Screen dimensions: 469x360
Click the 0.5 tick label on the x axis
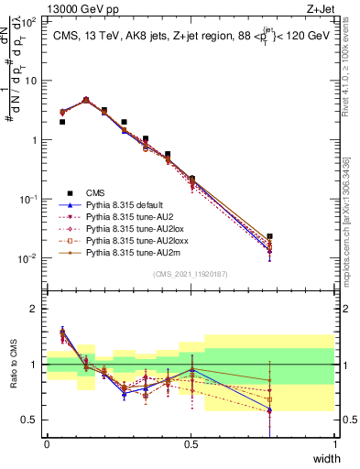click(x=191, y=444)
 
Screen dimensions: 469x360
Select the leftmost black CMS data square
click(x=62, y=122)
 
